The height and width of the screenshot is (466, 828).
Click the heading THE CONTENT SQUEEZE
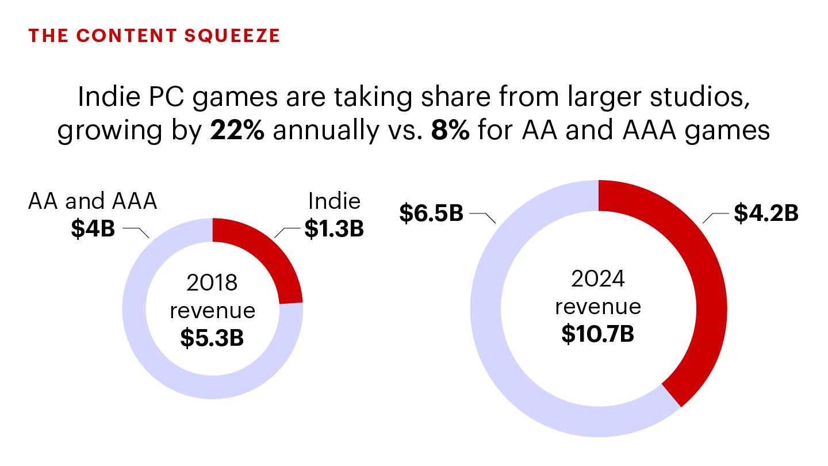(x=154, y=36)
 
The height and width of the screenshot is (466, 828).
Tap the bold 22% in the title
(x=237, y=131)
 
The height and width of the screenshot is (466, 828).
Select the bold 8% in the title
(x=450, y=131)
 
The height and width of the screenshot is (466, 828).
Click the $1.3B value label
(x=334, y=229)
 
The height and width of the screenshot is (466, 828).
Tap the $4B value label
(x=93, y=229)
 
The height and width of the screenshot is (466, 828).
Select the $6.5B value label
(x=431, y=213)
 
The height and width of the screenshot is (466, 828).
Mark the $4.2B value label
(x=766, y=213)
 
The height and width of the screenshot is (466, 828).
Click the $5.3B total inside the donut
(x=212, y=338)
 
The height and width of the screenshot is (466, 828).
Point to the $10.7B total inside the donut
(x=598, y=334)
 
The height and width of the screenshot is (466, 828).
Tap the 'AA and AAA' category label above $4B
(x=93, y=202)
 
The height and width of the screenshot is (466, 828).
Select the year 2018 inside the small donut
(x=212, y=283)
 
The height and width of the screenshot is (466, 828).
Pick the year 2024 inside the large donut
(x=598, y=280)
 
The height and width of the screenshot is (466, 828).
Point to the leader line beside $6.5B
(x=483, y=216)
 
